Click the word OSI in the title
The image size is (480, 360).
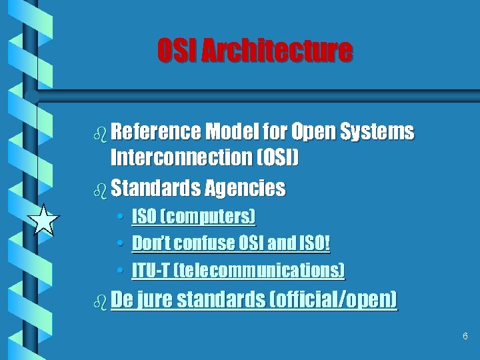(x=175, y=51)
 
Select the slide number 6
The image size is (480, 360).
(x=465, y=336)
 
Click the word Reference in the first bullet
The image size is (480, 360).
(x=155, y=132)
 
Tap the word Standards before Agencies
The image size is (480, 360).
(x=155, y=188)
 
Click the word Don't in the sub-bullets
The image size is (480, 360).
(x=151, y=243)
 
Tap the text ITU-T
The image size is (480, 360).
(x=151, y=271)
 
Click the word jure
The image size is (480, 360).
(x=156, y=300)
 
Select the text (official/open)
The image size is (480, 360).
(x=333, y=300)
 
